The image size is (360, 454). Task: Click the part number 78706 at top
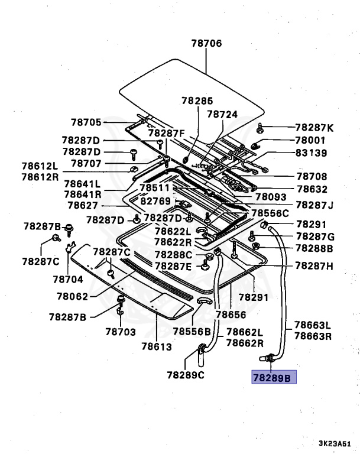(206, 43)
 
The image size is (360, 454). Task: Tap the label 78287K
(314, 128)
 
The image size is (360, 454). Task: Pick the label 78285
(197, 101)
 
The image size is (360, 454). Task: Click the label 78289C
(186, 375)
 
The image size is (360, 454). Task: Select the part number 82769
(155, 202)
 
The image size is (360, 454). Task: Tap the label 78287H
(314, 266)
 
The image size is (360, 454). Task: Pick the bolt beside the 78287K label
(261, 128)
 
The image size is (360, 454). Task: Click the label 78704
(69, 278)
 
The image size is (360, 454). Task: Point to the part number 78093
(271, 197)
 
